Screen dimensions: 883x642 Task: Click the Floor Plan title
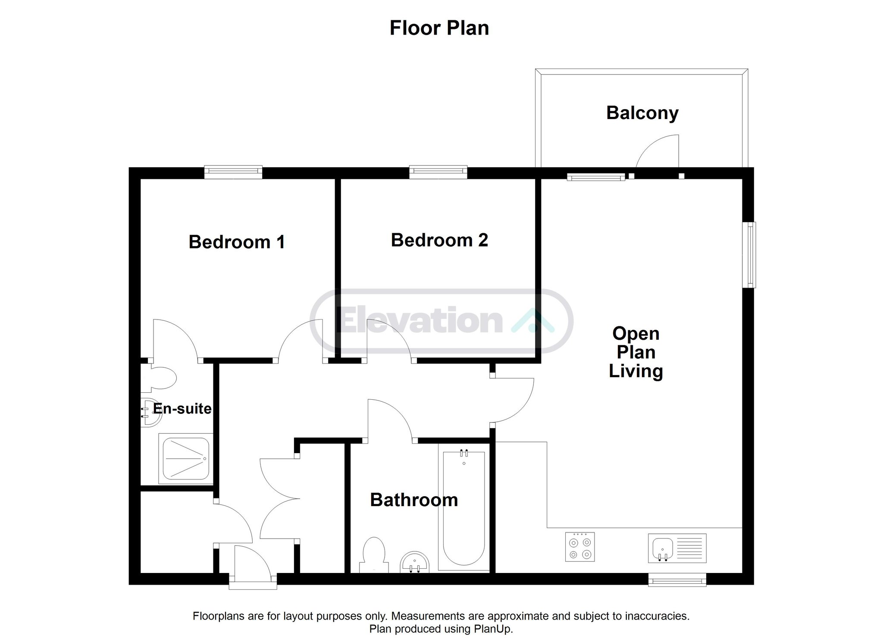pos(439,28)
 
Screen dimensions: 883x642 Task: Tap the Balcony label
pos(642,113)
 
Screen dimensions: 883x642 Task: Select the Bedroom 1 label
pos(237,242)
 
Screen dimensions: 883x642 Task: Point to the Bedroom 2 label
pos(439,240)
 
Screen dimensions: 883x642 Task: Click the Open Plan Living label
pos(636,352)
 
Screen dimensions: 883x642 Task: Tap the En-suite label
pos(182,408)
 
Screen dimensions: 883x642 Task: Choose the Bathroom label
pos(414,500)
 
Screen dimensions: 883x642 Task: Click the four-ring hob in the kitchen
pos(580,547)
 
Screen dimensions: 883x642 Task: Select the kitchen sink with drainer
pos(677,548)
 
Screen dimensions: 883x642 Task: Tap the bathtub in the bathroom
pos(464,507)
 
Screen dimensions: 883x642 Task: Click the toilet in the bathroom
pos(373,555)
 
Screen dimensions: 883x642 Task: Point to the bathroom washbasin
pos(415,563)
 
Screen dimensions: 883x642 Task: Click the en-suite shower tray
pos(186,458)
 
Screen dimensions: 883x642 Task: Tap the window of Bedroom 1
pos(233,172)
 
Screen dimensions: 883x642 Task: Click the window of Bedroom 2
pos(438,172)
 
